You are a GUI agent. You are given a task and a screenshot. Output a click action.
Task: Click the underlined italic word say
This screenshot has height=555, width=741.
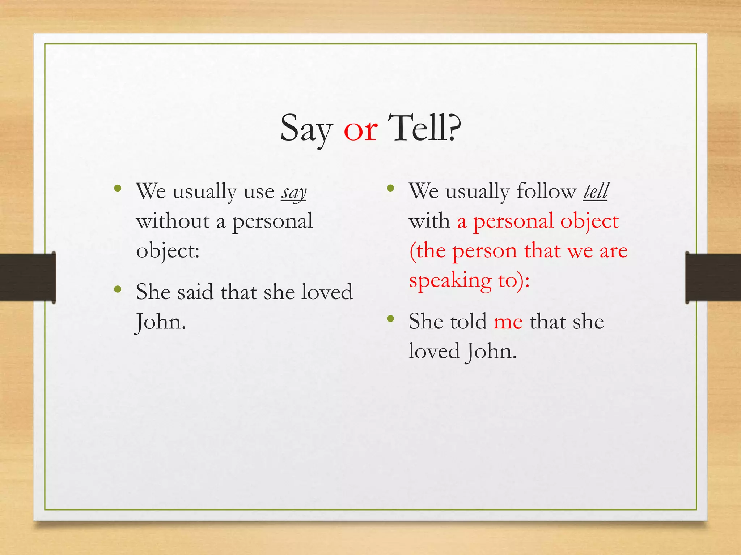pyautogui.click(x=294, y=192)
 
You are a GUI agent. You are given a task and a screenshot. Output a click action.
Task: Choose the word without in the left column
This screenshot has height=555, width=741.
pyautogui.click(x=173, y=221)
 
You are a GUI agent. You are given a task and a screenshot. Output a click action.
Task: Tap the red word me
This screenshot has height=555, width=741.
pyautogui.click(x=508, y=322)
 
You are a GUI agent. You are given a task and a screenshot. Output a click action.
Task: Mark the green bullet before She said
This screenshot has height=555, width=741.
pyautogui.click(x=117, y=289)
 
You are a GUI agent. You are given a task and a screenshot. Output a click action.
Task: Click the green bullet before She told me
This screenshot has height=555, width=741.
pyautogui.click(x=390, y=319)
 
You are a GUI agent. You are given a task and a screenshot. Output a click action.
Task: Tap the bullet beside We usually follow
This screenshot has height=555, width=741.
pyautogui.click(x=390, y=188)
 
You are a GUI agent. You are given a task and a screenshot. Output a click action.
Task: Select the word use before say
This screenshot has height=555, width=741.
pyautogui.click(x=259, y=192)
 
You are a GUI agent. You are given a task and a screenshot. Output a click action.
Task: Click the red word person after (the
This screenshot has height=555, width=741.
pyautogui.click(x=484, y=251)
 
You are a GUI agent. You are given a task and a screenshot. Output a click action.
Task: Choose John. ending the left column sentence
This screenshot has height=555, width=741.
pyautogui.click(x=160, y=322)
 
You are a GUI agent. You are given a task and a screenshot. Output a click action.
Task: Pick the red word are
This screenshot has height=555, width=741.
pyautogui.click(x=614, y=251)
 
